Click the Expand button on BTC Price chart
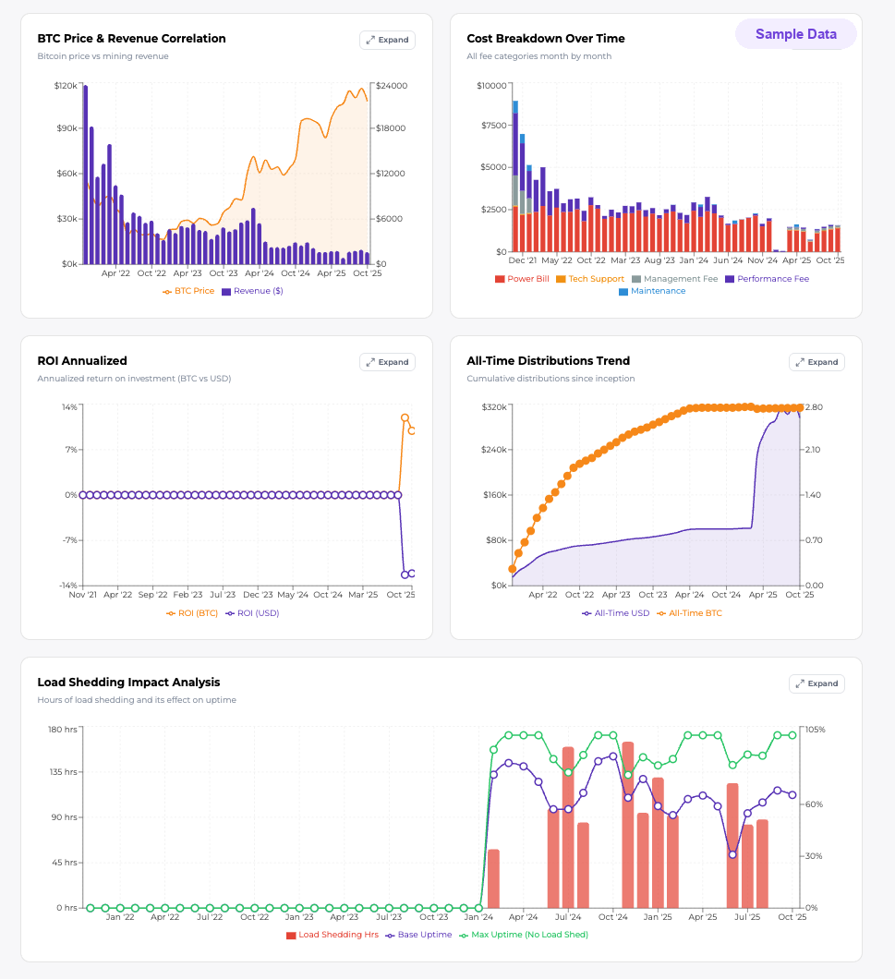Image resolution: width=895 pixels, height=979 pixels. coord(387,40)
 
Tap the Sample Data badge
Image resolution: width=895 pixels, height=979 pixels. coord(795,34)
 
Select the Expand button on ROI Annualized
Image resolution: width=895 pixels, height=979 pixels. coord(387,362)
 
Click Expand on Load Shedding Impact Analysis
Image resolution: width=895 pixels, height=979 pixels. coord(816,683)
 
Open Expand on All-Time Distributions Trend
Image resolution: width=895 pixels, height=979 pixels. coord(816,362)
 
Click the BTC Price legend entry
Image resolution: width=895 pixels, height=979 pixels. coord(188,291)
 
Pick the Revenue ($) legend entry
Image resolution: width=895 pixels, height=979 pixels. coord(252,291)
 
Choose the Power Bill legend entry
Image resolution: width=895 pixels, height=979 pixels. coord(524,279)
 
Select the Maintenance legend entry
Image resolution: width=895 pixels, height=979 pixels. coord(652,291)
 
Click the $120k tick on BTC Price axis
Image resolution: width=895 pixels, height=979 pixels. coord(66,86)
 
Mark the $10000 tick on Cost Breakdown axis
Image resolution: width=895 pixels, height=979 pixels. coord(490,86)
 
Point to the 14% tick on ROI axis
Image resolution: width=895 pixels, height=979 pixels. coord(69,407)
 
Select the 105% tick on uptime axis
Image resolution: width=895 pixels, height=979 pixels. coord(814,730)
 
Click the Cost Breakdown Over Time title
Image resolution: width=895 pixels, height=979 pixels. coord(545,39)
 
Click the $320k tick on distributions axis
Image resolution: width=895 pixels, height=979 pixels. coord(496,407)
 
